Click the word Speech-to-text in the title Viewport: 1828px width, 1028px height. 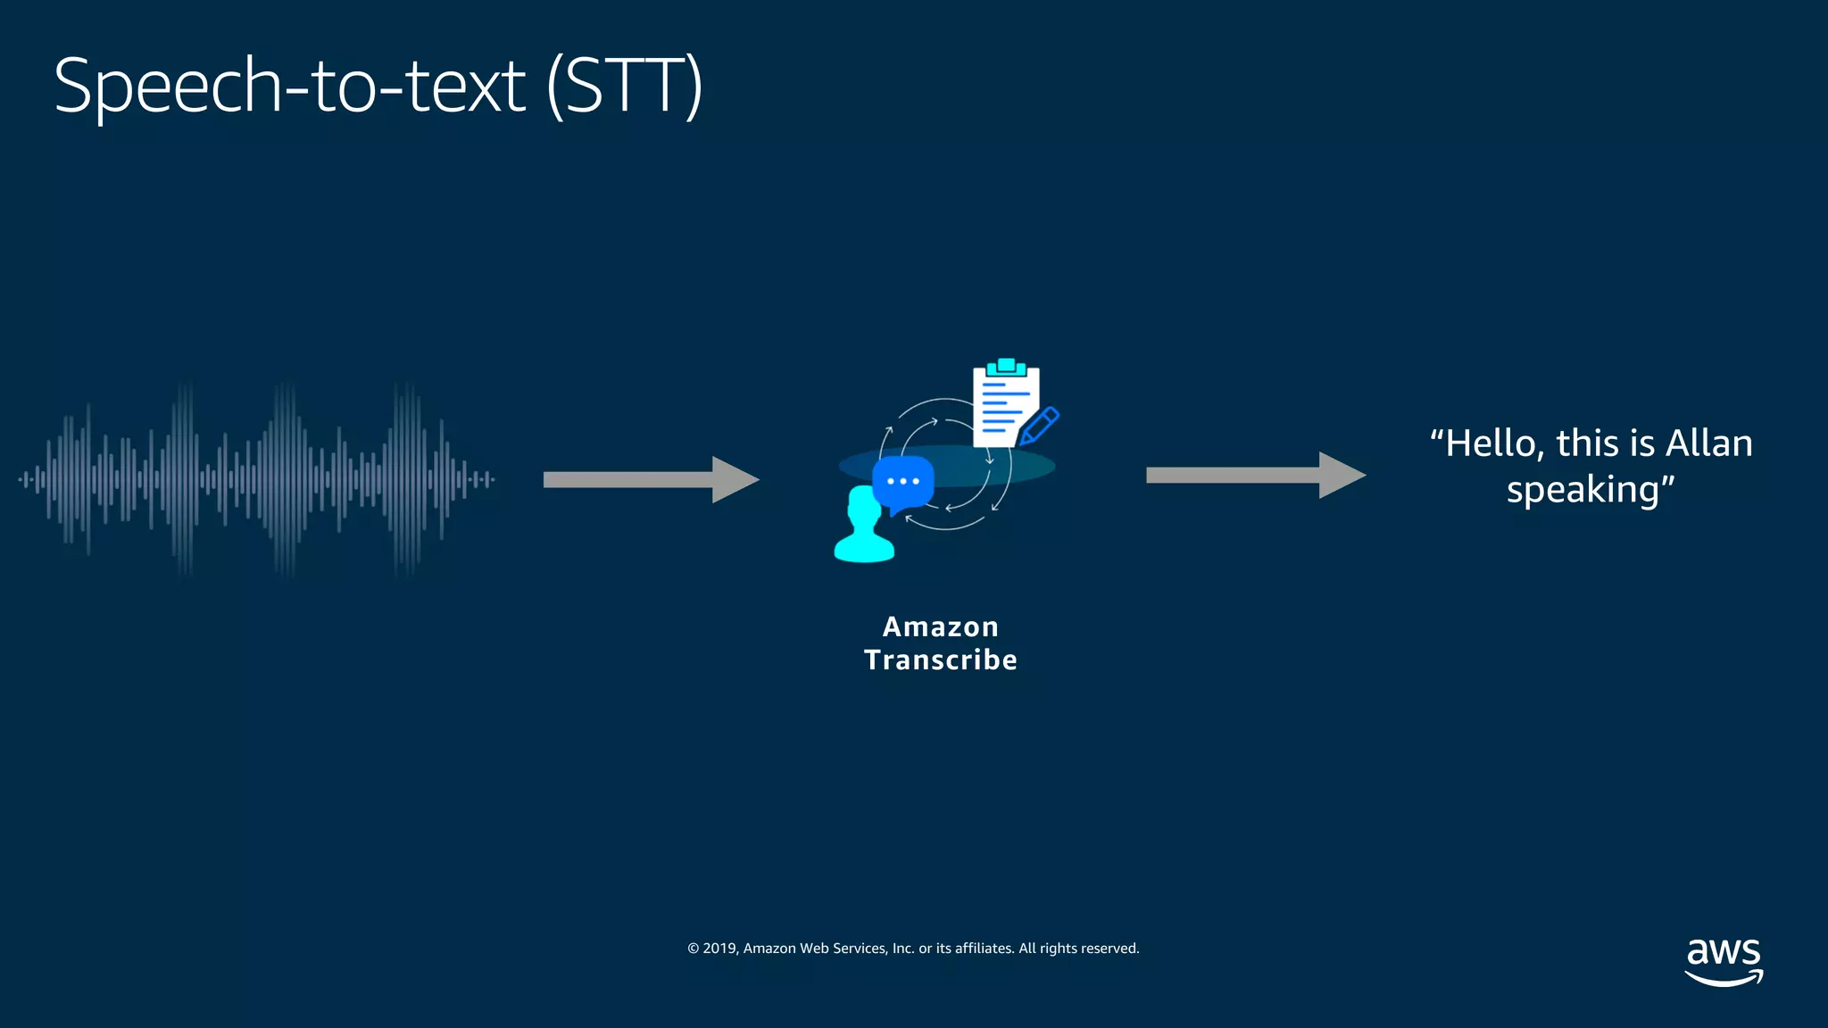pyautogui.click(x=289, y=87)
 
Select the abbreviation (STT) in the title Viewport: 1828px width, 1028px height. pyautogui.click(x=624, y=87)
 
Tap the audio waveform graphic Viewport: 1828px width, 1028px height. pyautogui.click(x=256, y=479)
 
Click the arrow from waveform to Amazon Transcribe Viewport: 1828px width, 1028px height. pyautogui.click(x=650, y=480)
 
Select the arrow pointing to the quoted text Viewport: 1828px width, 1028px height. pyautogui.click(x=1254, y=475)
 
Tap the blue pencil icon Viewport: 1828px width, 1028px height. pyautogui.click(x=1040, y=426)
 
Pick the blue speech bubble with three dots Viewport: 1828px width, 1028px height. pyautogui.click(x=902, y=482)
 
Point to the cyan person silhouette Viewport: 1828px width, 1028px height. pyautogui.click(x=863, y=528)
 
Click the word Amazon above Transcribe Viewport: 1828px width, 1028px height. pyautogui.click(x=940, y=626)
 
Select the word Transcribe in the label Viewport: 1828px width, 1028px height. pyautogui.click(x=940, y=660)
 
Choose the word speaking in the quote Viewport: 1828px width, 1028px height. pyautogui.click(x=1583, y=490)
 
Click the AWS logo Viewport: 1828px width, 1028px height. pyautogui.click(x=1724, y=960)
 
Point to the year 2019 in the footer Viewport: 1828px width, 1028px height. pyautogui.click(x=719, y=949)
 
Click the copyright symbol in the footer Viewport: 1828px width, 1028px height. pyautogui.click(x=693, y=949)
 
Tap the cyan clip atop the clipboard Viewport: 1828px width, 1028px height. pyautogui.click(x=1006, y=367)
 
